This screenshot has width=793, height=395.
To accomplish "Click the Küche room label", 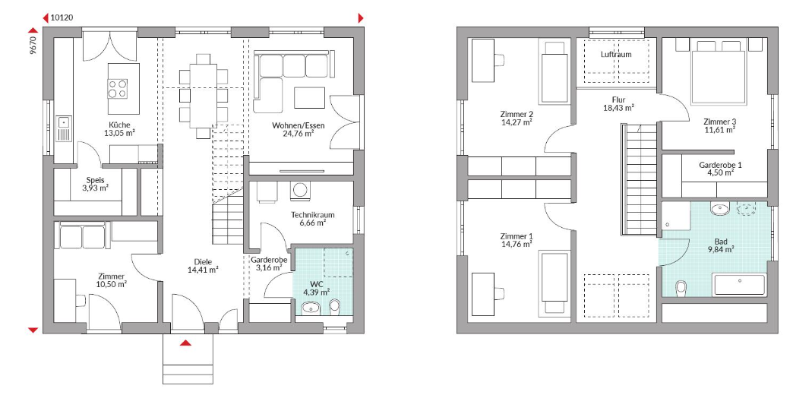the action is [119, 125].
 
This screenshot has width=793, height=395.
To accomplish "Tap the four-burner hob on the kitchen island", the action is [117, 89].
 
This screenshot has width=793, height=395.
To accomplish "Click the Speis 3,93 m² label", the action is [96, 184].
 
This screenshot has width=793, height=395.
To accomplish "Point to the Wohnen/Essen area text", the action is [299, 125].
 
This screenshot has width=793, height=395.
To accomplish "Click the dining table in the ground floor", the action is [204, 96].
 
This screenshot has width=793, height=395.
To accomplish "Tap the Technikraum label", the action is [312, 214].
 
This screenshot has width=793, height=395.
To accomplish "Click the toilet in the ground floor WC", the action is [334, 306].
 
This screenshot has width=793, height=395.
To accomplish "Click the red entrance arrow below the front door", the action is [186, 343].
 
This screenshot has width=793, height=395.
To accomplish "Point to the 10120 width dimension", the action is [62, 17].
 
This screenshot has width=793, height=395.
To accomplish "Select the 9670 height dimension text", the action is [33, 45].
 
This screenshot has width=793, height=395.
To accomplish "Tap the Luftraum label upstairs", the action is [616, 54].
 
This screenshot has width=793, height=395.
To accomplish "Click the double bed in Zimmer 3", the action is [719, 72].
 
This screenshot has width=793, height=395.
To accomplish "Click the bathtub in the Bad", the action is [739, 285].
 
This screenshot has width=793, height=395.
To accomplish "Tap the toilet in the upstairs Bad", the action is [681, 289].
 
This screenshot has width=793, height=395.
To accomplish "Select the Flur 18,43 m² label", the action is [618, 103].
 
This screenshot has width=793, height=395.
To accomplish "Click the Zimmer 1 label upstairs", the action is [517, 236].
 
